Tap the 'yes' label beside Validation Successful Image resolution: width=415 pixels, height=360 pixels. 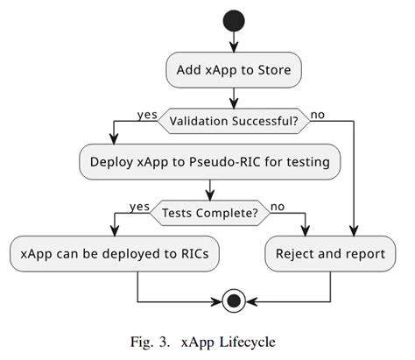tap(146, 113)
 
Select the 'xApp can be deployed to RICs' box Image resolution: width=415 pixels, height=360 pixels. tap(115, 254)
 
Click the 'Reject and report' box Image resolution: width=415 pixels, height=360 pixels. tap(329, 254)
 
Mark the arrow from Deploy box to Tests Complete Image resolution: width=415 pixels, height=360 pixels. tap(210, 189)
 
